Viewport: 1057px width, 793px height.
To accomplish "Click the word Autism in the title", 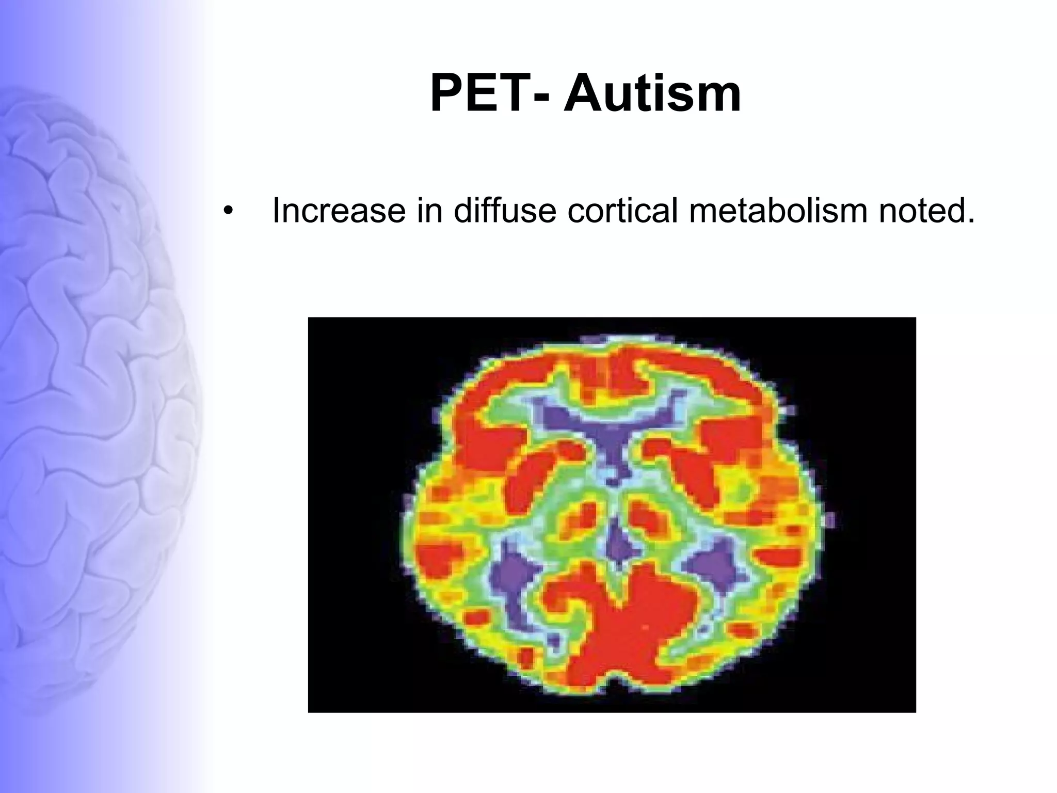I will coord(652,94).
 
